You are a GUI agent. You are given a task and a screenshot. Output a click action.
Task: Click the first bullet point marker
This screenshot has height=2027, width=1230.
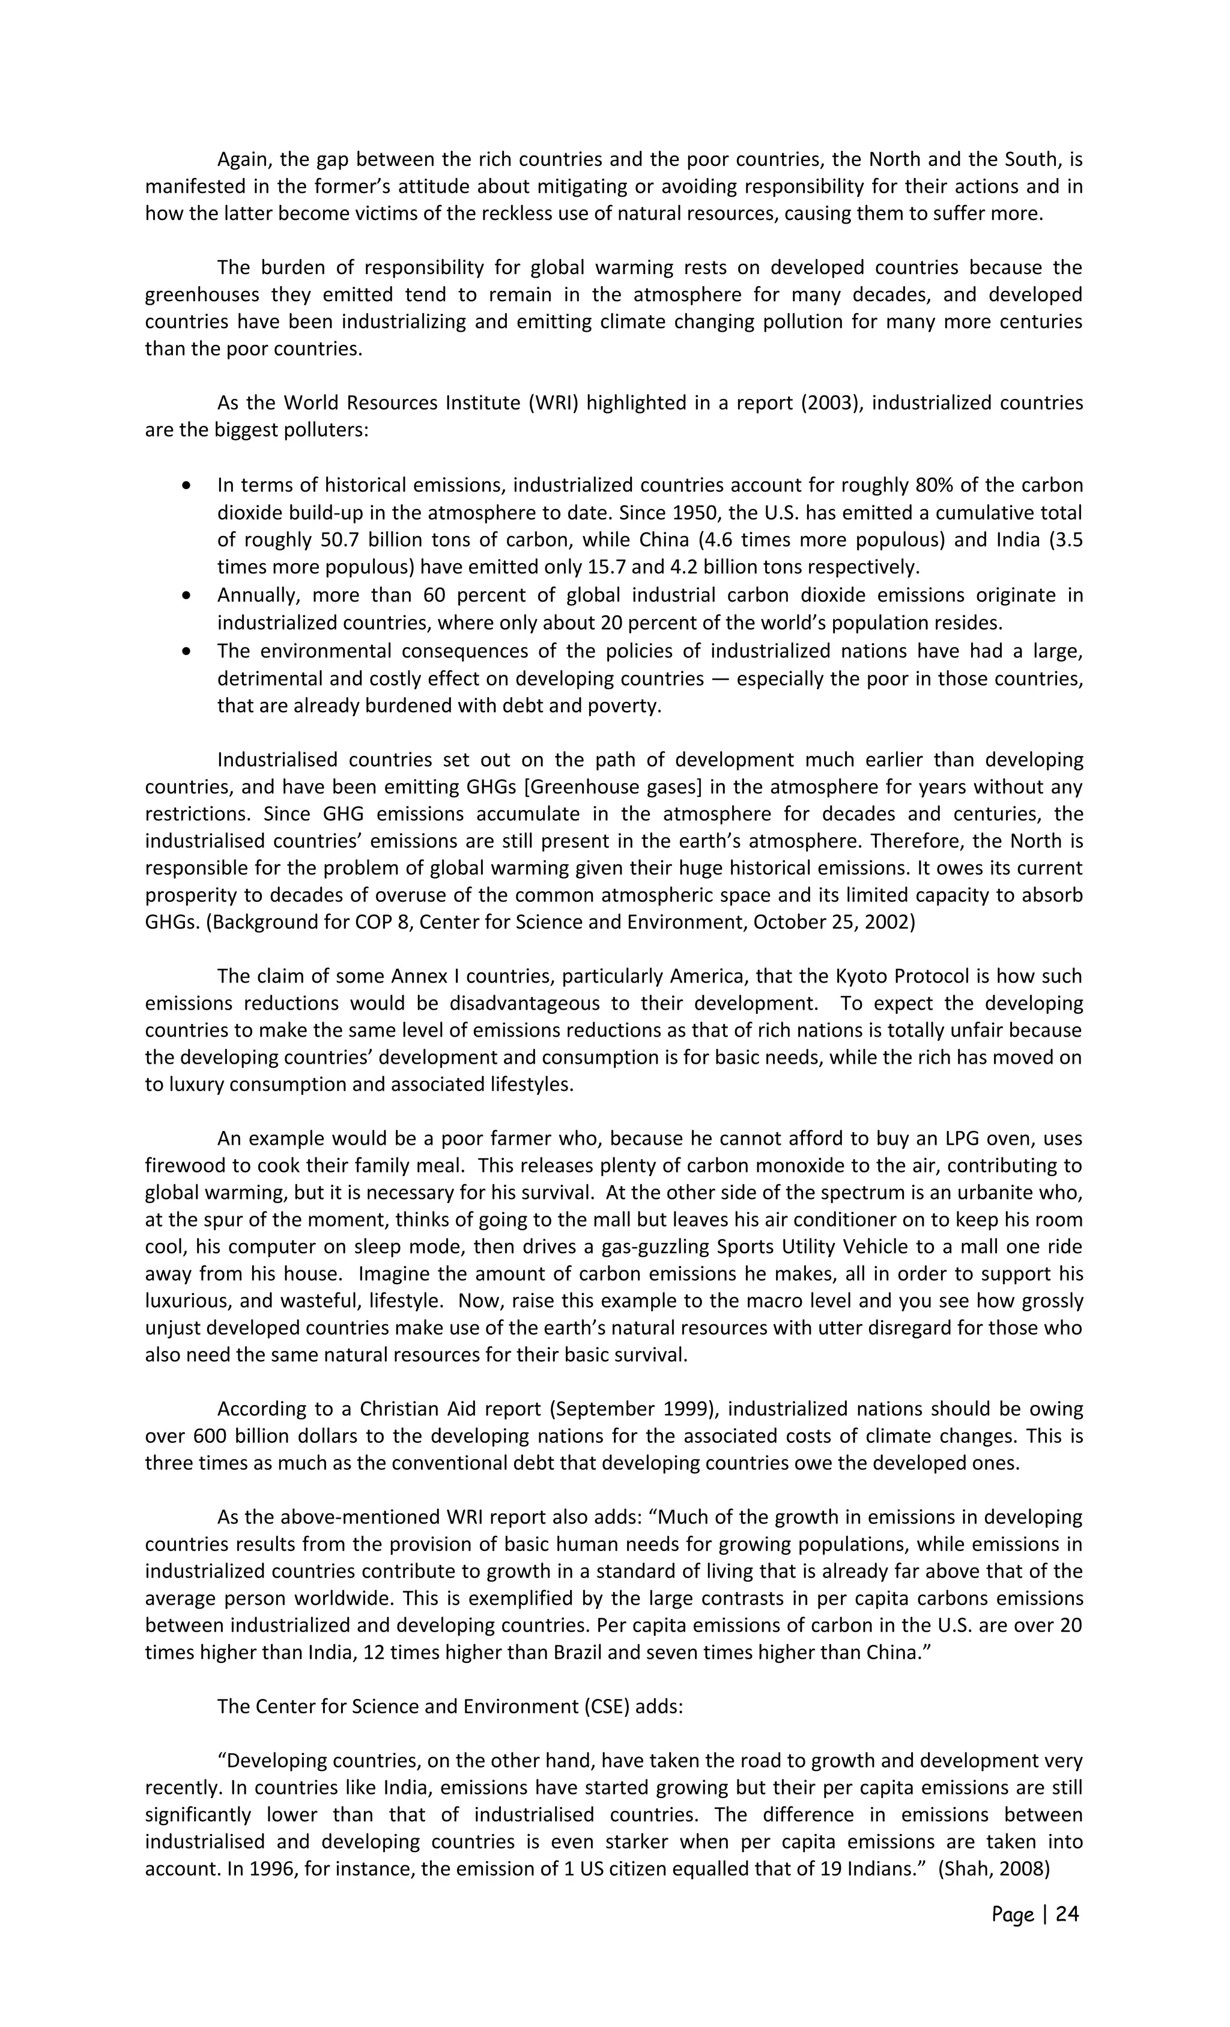point(188,486)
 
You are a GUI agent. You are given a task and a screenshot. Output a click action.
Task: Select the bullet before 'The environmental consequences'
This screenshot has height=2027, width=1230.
point(188,651)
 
